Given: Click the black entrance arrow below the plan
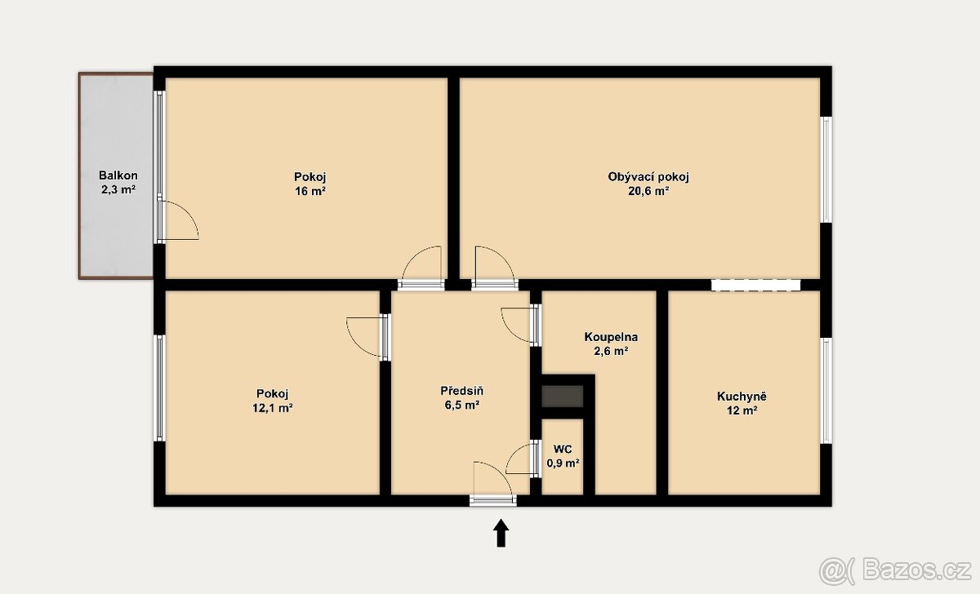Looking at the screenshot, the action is pyautogui.click(x=501, y=532).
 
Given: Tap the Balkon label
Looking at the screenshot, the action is pyautogui.click(x=118, y=175).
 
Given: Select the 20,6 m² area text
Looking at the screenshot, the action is pyautogui.click(x=648, y=191).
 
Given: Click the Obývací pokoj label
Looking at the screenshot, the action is pyautogui.click(x=648, y=177).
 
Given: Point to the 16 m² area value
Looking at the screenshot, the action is pyautogui.click(x=310, y=191).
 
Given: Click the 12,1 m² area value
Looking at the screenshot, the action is pyautogui.click(x=272, y=408).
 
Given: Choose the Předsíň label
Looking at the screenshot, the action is pyautogui.click(x=462, y=390).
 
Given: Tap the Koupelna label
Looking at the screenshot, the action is pyautogui.click(x=611, y=337).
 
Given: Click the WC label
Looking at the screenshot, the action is pyautogui.click(x=563, y=449).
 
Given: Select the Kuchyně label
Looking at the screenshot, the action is pyautogui.click(x=742, y=397).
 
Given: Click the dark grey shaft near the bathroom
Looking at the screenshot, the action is pyautogui.click(x=563, y=397).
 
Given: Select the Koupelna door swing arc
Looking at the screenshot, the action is pyautogui.click(x=509, y=329).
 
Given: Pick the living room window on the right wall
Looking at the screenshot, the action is pyautogui.click(x=826, y=170).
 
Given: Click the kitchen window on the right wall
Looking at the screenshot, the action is pyautogui.click(x=826, y=390).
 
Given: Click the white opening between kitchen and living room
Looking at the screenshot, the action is pyautogui.click(x=755, y=285).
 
